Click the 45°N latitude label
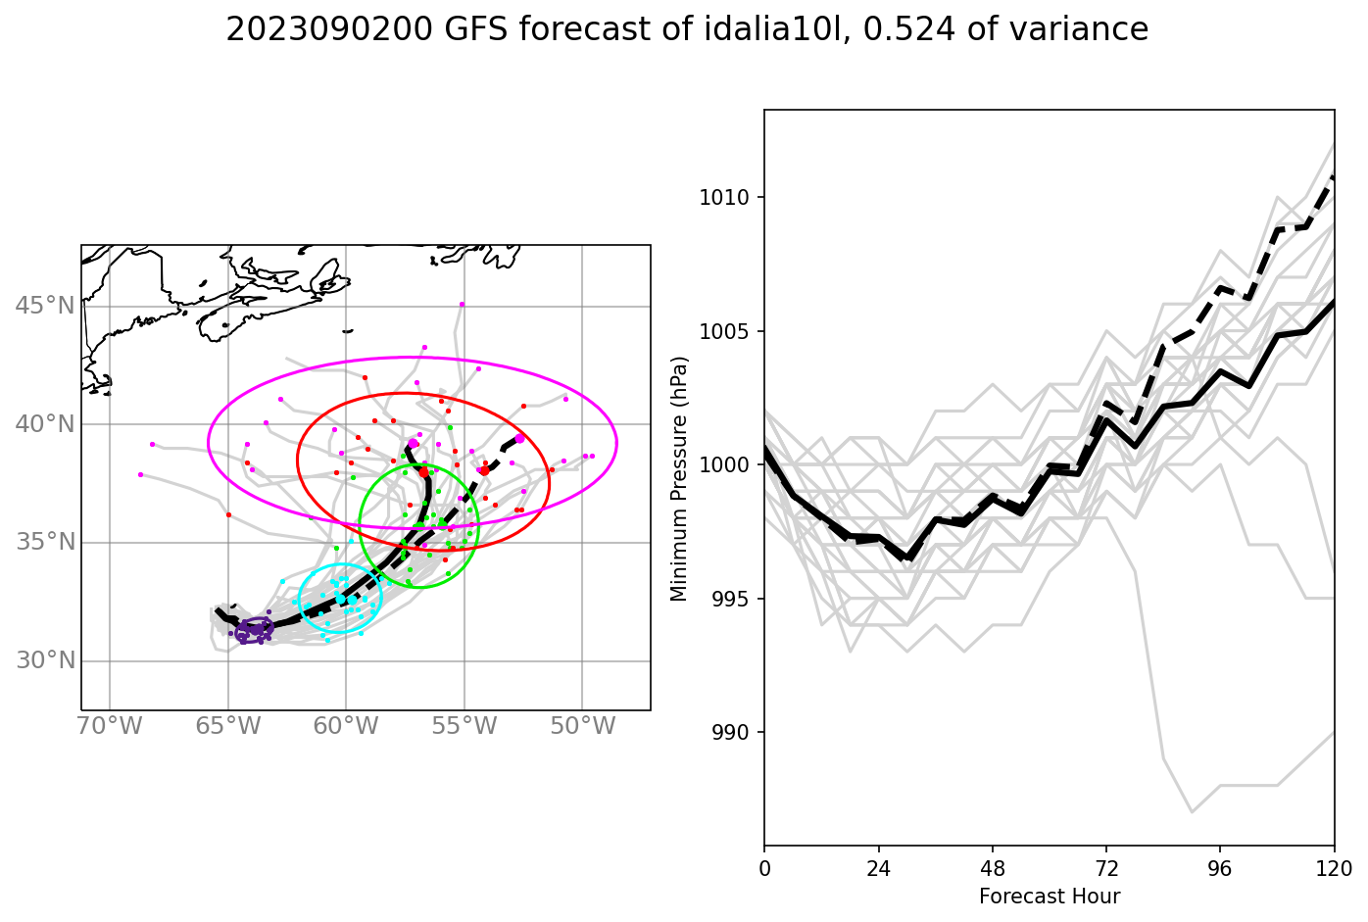tap(45, 306)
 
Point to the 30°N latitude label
tap(45, 660)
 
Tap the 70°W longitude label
tap(109, 726)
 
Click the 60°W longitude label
tap(346, 726)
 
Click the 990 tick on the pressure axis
tap(729, 733)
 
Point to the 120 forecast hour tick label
tap(1334, 867)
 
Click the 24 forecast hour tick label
tap(878, 867)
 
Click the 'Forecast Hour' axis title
tap(1049, 897)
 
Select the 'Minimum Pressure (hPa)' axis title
tap(679, 478)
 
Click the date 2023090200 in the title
tap(328, 30)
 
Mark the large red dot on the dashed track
tap(484, 470)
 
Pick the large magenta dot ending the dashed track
tap(519, 438)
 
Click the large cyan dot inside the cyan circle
tap(340, 598)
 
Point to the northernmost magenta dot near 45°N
tap(462, 305)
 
